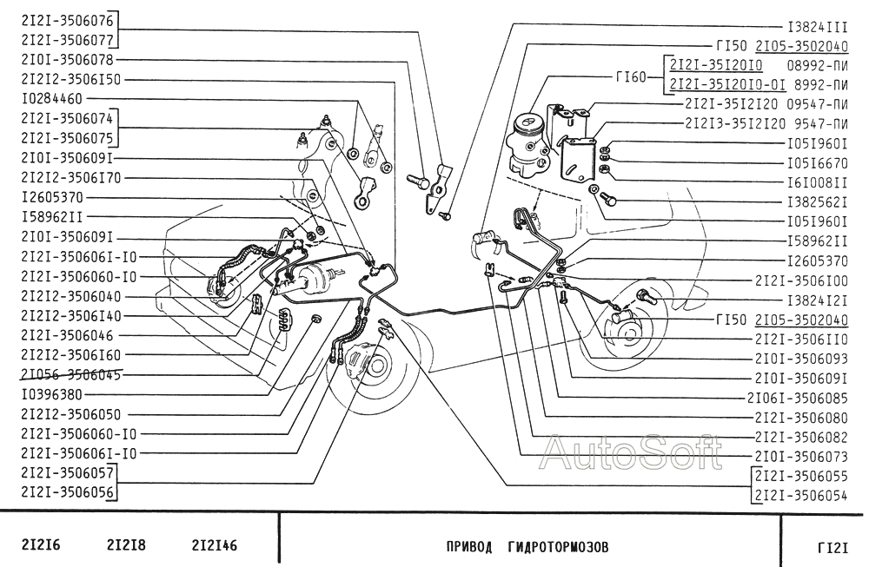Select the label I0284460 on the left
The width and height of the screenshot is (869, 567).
point(51,98)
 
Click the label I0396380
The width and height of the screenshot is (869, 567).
point(51,393)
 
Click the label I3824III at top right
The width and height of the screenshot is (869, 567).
point(817,27)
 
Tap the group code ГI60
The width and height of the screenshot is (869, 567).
point(630,76)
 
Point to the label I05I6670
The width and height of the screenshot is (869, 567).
point(817,162)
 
